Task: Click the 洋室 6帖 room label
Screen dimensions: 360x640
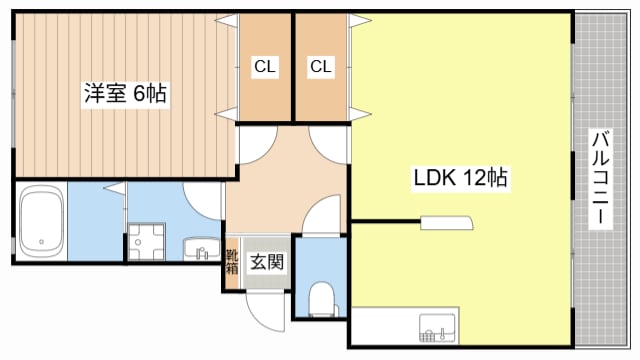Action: click(124, 95)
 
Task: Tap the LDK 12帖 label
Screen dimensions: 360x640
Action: click(461, 179)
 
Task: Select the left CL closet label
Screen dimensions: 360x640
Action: click(264, 67)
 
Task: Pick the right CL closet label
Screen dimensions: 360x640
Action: click(321, 67)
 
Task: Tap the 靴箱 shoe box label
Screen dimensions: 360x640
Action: click(232, 262)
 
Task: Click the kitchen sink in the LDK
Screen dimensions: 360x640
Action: click(437, 325)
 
